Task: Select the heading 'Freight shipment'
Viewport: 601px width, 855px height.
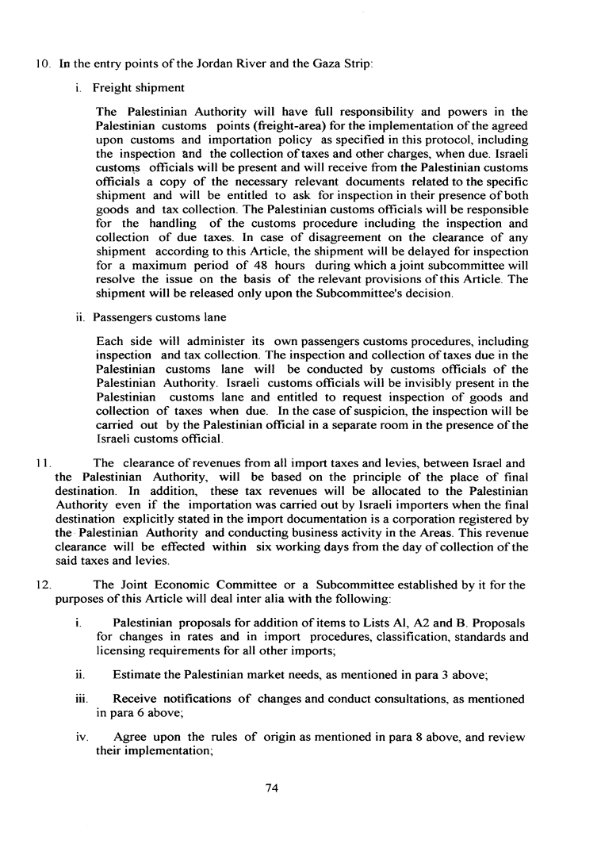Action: (139, 87)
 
